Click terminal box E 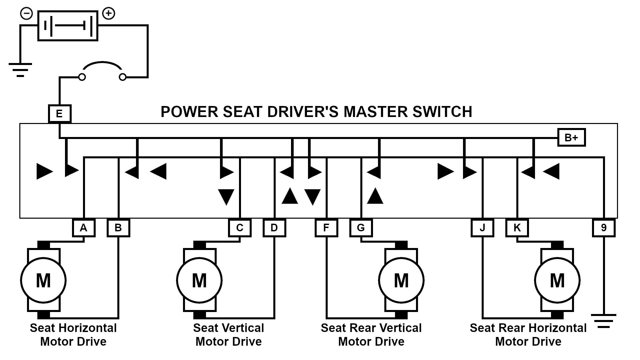pos(59,114)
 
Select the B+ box pos(571,137)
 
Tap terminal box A pos(84,228)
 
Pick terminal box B pos(118,228)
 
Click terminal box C pos(240,228)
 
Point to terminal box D pos(274,228)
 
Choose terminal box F pos(326,228)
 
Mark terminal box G pos(361,228)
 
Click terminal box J pos(482,228)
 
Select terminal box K pos(517,228)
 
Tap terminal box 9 pos(604,228)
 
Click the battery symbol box pos(68,26)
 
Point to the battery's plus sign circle pos(109,14)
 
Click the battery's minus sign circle pos(27,14)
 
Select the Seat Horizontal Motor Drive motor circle pos(43,280)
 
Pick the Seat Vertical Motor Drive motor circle pos(199,280)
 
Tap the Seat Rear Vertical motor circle pos(401,280)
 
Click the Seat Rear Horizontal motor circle pos(557,280)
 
